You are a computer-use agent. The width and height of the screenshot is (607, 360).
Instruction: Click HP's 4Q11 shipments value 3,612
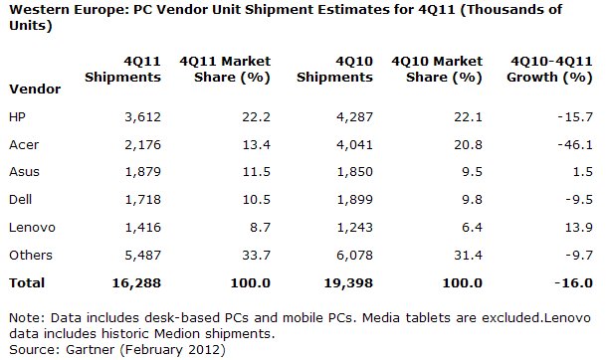tap(142, 116)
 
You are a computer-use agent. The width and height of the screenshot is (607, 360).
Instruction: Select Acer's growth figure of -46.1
tap(575, 144)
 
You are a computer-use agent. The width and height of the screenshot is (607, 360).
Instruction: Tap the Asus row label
tap(24, 171)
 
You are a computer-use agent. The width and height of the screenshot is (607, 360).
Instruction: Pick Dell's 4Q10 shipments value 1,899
tap(354, 200)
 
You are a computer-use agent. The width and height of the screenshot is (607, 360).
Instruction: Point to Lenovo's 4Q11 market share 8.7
tap(260, 227)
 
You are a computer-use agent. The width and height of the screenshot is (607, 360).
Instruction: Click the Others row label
tap(31, 255)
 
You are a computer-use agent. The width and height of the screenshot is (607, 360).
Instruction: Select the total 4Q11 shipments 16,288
tap(136, 282)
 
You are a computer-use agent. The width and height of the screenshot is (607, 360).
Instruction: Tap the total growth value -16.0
tap(573, 282)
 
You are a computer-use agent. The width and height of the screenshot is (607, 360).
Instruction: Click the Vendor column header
tap(35, 89)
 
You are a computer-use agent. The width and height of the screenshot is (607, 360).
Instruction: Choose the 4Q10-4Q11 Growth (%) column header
tap(549, 70)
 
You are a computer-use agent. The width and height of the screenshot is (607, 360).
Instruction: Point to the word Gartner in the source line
tap(91, 350)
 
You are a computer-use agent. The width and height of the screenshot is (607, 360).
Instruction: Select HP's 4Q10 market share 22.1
tap(468, 116)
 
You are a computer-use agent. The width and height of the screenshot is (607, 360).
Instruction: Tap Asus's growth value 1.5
tap(582, 171)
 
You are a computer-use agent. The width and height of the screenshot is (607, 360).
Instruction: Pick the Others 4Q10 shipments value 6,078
tap(354, 255)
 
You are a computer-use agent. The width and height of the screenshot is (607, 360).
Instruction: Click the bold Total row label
tap(27, 282)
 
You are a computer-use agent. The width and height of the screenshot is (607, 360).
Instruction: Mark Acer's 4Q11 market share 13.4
tap(257, 144)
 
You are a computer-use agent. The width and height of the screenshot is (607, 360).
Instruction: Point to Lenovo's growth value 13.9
tap(579, 227)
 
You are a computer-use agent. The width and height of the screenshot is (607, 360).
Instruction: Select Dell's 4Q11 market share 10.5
tap(257, 200)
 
